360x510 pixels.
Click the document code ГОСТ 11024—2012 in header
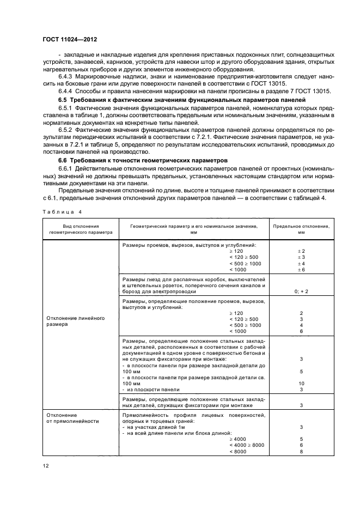70,40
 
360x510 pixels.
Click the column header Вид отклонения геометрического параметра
80,228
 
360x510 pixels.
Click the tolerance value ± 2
301,251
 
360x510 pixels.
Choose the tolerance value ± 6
301,270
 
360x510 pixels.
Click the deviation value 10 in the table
301,384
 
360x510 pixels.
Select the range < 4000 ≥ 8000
246,445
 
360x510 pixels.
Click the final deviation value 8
301,451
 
